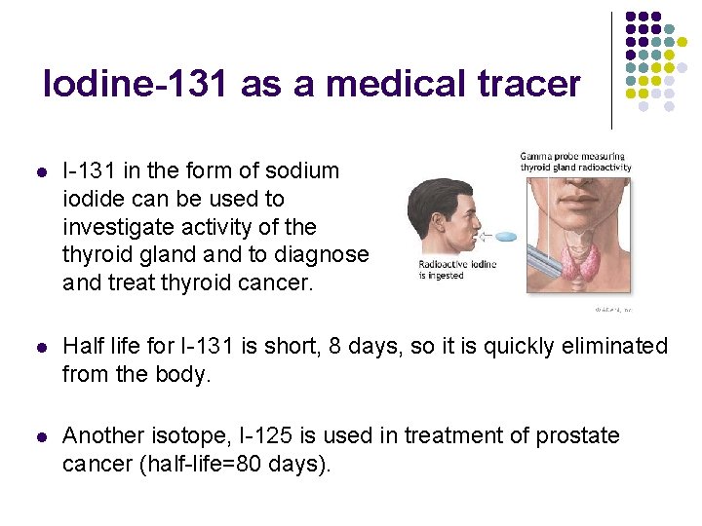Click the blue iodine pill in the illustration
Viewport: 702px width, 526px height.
(506, 237)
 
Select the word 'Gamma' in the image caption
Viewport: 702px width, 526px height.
(538, 156)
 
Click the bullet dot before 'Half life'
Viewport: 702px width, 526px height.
(40, 347)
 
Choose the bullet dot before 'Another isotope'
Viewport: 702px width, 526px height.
(40, 436)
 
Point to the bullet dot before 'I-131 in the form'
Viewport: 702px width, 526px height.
(40, 171)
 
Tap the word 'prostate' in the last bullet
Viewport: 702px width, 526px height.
(578, 435)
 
